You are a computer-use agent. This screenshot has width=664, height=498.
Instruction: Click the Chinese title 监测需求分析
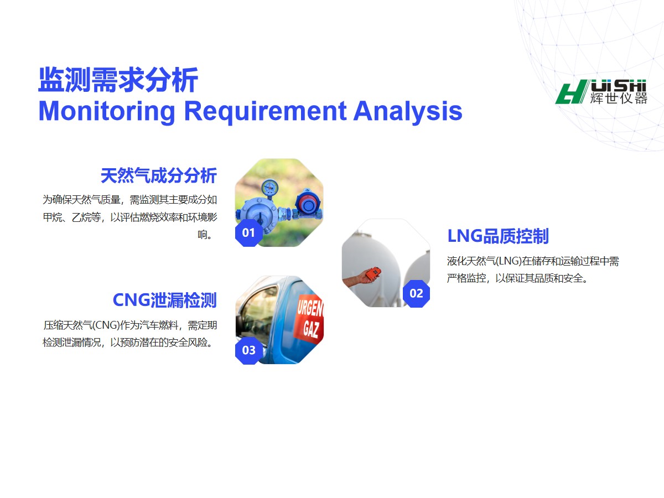pos(118,80)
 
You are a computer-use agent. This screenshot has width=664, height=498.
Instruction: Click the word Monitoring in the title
pos(107,112)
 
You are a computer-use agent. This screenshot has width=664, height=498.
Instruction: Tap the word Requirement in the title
pos(265,112)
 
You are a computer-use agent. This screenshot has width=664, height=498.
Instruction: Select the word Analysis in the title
pos(408,112)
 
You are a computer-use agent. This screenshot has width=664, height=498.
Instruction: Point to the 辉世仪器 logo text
pos(618,98)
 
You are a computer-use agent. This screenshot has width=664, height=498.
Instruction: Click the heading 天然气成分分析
pos(159,175)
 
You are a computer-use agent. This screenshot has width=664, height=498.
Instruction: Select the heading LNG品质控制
pos(498,236)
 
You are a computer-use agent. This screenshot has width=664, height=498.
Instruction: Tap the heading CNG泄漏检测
pos(165,300)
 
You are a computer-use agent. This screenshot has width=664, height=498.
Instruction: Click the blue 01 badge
pos(248,233)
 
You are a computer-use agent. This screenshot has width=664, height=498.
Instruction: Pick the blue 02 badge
pos(416,294)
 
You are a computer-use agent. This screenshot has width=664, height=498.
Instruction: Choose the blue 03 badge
pos(248,350)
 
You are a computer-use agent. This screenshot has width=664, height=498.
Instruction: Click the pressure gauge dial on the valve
pos(269,187)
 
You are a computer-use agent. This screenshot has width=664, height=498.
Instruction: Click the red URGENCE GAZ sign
pos(309,319)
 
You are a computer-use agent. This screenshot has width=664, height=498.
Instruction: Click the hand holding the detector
pos(360,279)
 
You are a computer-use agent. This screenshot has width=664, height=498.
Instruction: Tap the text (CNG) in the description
pos(106,325)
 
